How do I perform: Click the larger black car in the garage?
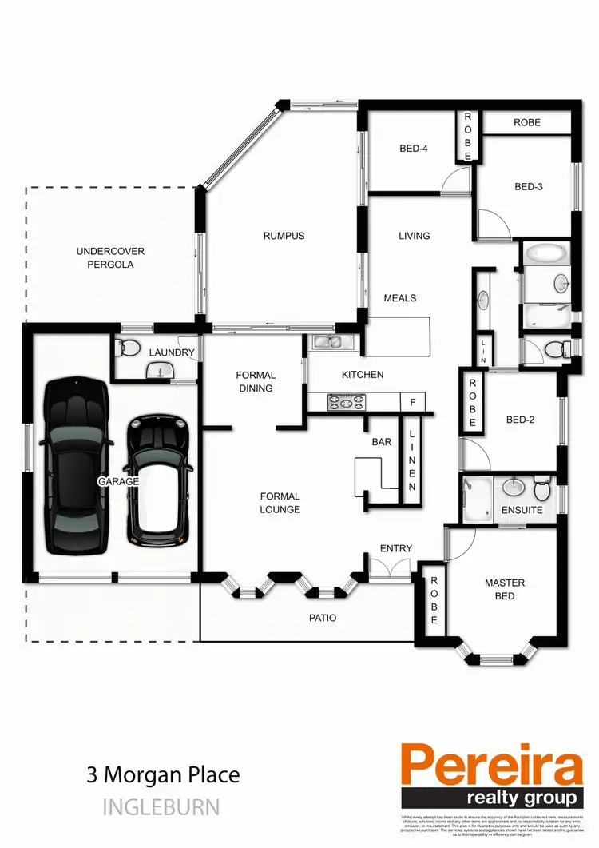75,467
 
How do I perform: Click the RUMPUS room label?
284,236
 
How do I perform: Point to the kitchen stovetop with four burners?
346,403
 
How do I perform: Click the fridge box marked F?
412,402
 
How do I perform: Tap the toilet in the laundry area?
125,348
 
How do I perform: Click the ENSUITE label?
522,510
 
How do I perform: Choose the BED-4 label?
415,148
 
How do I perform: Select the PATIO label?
323,618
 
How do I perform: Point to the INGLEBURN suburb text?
161,807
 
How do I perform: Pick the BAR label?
381,441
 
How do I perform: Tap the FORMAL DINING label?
256,381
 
